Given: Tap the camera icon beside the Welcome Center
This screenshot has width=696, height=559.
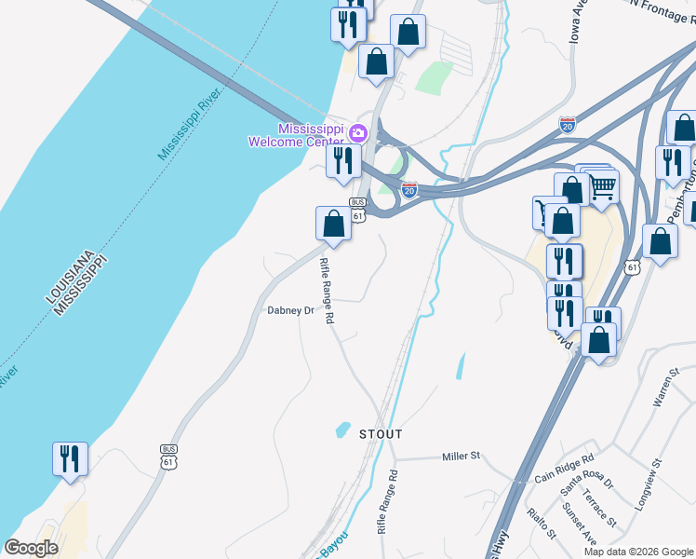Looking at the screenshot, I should (x=358, y=133).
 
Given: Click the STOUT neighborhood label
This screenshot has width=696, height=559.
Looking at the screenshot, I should (x=381, y=434).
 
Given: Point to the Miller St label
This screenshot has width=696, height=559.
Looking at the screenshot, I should (x=461, y=457).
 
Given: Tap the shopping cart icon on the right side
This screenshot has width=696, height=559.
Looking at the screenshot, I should (x=603, y=186).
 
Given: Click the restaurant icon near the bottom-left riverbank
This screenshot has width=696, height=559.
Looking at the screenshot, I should (x=70, y=458).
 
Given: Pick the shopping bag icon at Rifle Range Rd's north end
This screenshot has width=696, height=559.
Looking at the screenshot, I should (x=333, y=223).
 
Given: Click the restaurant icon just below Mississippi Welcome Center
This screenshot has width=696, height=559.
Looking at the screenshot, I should (x=342, y=160).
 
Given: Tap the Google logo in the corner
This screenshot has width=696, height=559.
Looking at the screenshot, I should (x=31, y=548).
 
